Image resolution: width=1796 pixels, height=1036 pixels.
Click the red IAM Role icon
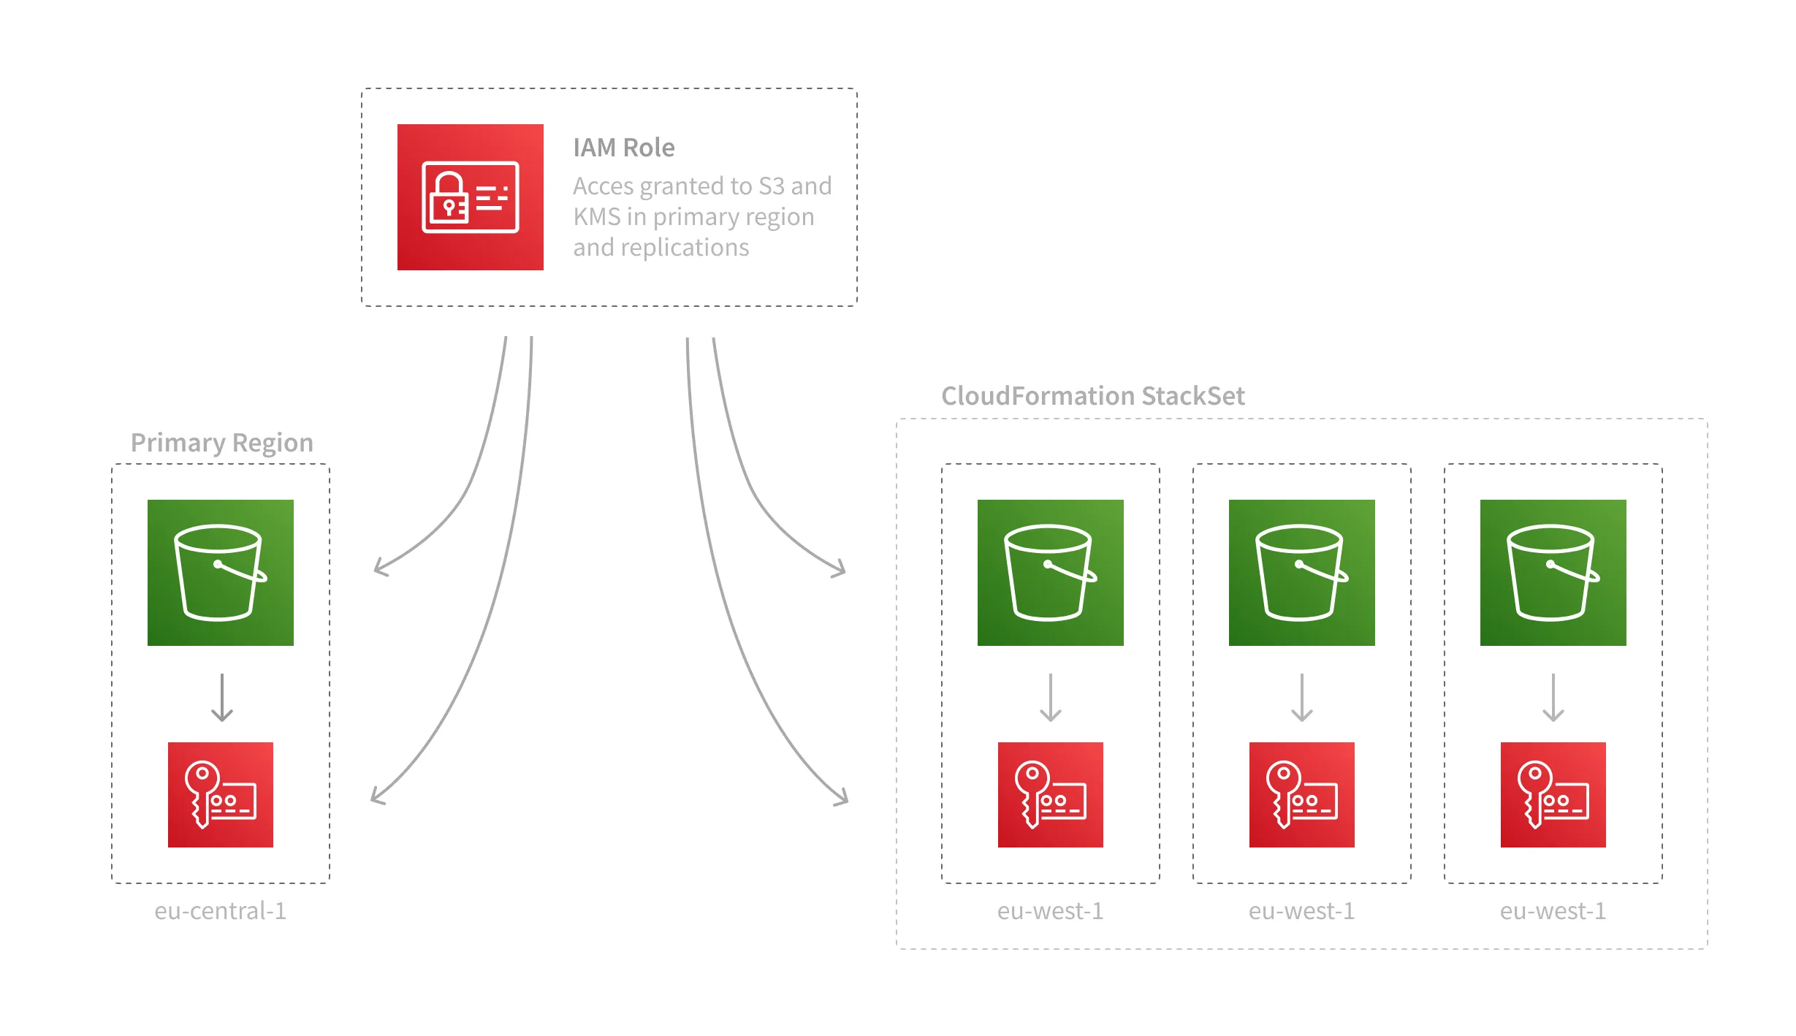pos(470,197)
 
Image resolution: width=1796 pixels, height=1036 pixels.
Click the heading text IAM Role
pos(623,148)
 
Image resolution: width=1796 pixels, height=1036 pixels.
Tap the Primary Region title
pos(221,443)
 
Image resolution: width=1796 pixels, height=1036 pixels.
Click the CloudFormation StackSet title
pos(1092,396)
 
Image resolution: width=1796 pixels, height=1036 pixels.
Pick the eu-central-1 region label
pos(220,911)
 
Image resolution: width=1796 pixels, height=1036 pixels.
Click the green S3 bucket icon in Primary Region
pos(220,573)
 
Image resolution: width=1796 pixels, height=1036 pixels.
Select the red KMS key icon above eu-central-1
pos(220,795)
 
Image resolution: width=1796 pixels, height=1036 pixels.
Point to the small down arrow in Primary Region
pos(221,698)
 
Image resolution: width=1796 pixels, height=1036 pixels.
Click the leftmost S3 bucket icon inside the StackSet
pos(1050,573)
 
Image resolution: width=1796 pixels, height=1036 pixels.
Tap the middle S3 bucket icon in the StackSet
pos(1301,573)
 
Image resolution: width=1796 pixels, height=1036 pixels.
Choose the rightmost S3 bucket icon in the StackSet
pos(1553,573)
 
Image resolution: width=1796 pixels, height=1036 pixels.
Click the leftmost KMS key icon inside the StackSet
pos(1050,795)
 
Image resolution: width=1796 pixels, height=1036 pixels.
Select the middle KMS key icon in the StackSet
pos(1301,795)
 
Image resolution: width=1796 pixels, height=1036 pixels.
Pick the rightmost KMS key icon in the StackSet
pos(1553,795)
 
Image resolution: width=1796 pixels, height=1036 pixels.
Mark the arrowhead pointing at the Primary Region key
pos(376,799)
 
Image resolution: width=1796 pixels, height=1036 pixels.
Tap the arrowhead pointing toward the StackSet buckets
pos(841,571)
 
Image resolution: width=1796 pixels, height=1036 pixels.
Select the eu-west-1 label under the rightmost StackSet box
pos(1553,911)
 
